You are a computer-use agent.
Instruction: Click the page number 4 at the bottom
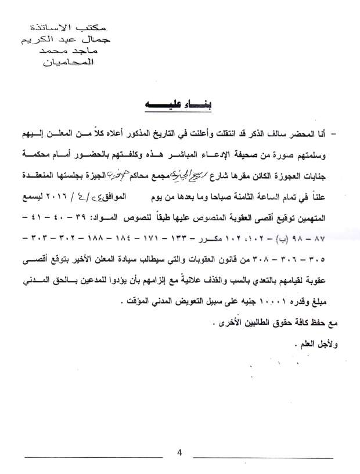(180, 453)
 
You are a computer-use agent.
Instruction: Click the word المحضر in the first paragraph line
(307, 135)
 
